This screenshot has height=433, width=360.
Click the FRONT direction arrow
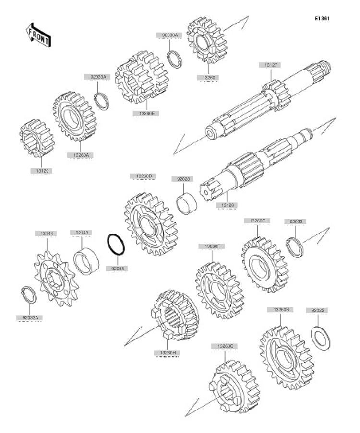click(38, 35)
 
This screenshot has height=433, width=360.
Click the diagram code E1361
click(322, 18)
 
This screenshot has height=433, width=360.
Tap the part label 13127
click(271, 65)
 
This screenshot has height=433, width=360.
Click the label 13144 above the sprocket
click(46, 234)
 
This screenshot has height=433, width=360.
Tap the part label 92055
click(117, 269)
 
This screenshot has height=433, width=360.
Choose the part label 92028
click(183, 179)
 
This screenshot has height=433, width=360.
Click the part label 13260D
click(143, 176)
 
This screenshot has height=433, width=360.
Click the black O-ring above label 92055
click(116, 245)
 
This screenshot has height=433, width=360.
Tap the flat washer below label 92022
click(321, 338)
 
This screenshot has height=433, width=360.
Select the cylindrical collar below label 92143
click(86, 261)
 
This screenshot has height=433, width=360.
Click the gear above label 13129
click(36, 138)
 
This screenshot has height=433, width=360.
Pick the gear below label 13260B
click(287, 357)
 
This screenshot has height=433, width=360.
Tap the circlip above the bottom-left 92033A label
click(29, 295)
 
